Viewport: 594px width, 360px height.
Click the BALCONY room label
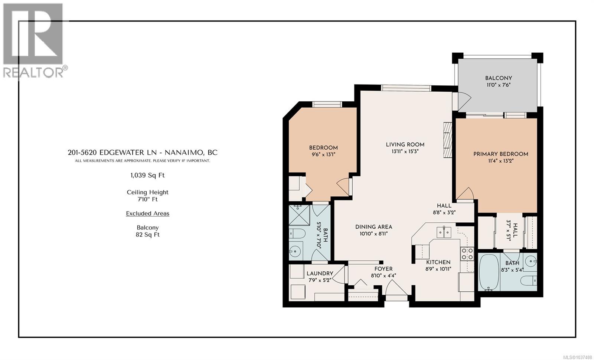[499, 78]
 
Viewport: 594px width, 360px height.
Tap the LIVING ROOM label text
[405, 145]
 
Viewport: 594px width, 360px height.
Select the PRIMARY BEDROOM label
[501, 154]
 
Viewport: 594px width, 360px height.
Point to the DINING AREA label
[373, 227]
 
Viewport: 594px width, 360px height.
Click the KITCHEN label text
[438, 262]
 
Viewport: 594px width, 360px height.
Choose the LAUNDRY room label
[320, 273]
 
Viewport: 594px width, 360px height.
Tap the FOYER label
[384, 269]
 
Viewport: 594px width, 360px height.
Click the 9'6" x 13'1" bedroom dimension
[323, 154]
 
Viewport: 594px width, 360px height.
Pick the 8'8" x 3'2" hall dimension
[444, 212]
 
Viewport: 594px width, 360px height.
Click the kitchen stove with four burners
[467, 254]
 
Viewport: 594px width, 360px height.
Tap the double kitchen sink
[444, 232]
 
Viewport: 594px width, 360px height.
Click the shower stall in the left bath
[299, 215]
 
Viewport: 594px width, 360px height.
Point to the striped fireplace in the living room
[448, 140]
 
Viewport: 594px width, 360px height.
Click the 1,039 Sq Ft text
[147, 175]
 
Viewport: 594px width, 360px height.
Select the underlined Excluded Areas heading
[147, 213]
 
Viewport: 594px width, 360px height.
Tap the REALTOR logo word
[33, 72]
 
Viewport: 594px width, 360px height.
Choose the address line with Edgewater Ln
[143, 153]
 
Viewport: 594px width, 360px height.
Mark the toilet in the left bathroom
[297, 233]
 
